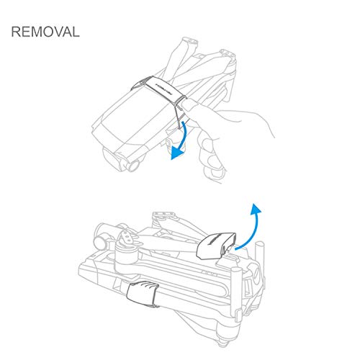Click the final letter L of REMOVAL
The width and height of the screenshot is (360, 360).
coord(76,33)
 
